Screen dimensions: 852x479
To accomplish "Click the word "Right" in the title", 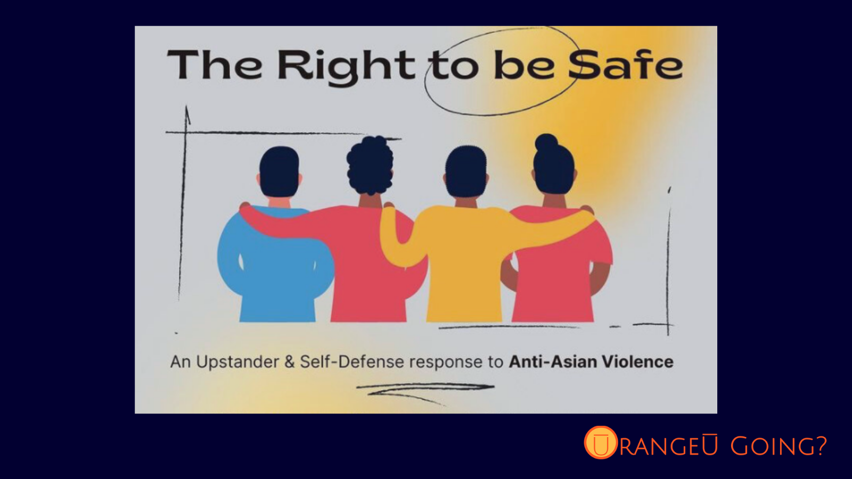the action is (346, 68).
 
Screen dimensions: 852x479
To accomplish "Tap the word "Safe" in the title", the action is (626, 65).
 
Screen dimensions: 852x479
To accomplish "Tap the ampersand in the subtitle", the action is (290, 362).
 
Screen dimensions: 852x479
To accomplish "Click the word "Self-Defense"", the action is (352, 361).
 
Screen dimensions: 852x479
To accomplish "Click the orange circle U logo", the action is (601, 442).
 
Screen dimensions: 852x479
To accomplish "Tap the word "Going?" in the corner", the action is (779, 445).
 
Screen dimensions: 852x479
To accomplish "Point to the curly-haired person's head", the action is (370, 166).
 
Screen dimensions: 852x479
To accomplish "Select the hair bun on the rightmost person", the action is (546, 143).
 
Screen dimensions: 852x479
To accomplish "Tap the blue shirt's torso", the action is (277, 274).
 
